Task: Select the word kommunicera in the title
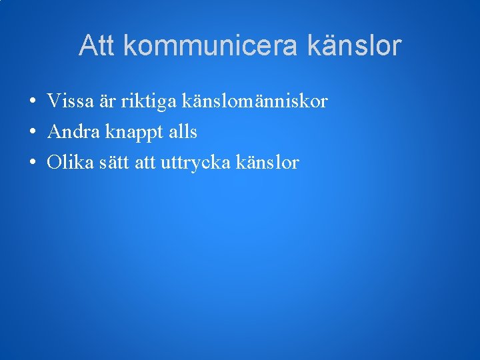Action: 212,46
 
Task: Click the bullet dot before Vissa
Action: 32,103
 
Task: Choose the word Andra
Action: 71,132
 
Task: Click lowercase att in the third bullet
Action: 146,163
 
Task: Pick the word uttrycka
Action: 195,163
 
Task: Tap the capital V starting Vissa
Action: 53,101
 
